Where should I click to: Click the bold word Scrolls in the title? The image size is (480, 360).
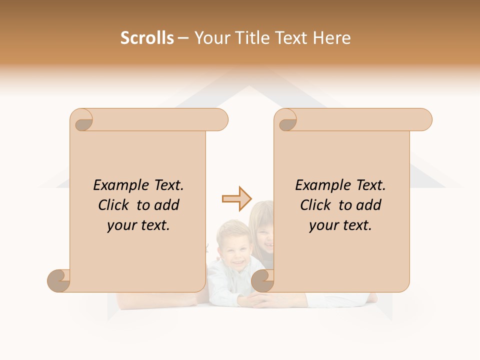[x=147, y=38]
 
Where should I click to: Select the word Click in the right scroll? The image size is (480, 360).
[x=316, y=205]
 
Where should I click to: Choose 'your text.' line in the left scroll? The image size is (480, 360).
[x=138, y=226]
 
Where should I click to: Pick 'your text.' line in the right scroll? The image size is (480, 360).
[x=340, y=226]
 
